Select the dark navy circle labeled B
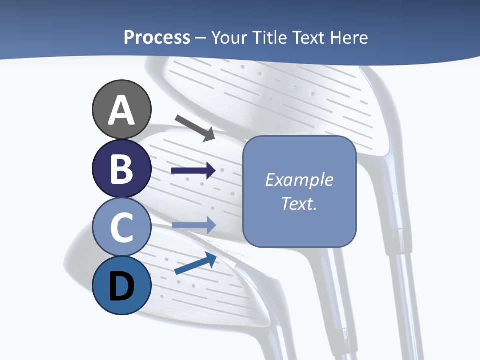[x=121, y=168]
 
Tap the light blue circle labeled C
[x=121, y=227]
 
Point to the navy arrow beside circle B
[x=193, y=171]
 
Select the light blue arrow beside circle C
[x=193, y=225]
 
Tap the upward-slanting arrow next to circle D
[x=195, y=263]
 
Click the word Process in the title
[x=157, y=37]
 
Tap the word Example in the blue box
[x=299, y=180]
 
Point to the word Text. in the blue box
[x=299, y=203]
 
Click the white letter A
[x=121, y=110]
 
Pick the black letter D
[x=121, y=287]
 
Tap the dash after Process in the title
[x=201, y=38]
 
